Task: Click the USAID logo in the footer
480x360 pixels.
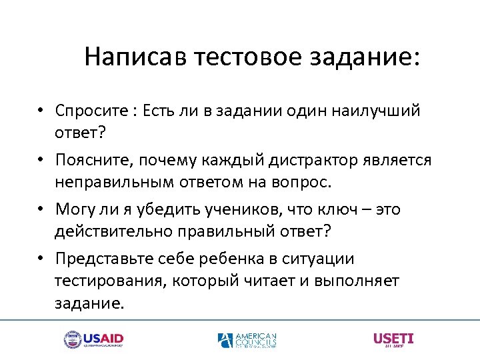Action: [93, 340]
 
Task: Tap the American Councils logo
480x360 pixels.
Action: [247, 340]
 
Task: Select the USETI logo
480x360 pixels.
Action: [393, 339]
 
